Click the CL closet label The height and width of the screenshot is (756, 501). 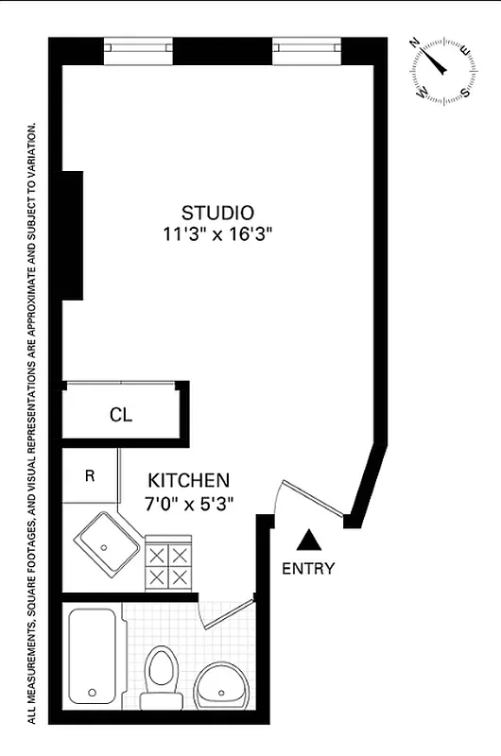121,414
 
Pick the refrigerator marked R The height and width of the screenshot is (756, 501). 90,475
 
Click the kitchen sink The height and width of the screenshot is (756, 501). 108,546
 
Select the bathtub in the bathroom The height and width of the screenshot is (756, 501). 92,654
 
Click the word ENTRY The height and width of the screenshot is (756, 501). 308,568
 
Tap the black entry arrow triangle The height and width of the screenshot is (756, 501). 307,541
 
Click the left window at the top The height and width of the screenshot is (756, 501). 136,45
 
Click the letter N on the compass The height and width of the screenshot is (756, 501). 416,43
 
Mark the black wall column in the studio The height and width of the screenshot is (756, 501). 73,235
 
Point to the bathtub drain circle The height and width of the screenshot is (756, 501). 91,693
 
